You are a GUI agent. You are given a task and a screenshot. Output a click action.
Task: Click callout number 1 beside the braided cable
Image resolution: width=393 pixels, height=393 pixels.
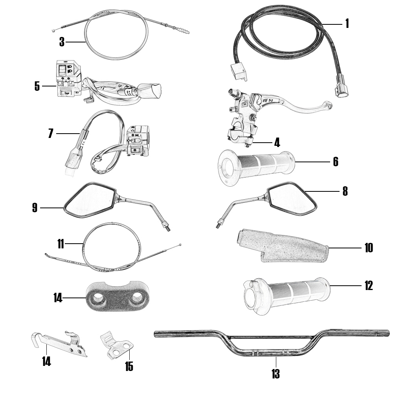(x=347, y=24)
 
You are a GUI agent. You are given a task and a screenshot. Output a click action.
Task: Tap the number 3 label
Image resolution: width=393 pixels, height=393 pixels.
(x=62, y=42)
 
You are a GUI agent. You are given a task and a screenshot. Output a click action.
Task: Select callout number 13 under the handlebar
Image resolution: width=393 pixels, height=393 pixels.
(x=275, y=374)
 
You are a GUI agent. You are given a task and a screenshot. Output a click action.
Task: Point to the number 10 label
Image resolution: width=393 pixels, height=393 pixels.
(x=369, y=248)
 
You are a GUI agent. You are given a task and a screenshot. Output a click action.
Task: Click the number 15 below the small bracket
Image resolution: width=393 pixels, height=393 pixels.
(x=129, y=366)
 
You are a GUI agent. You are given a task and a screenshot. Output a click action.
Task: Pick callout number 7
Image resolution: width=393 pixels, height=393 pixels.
(x=51, y=133)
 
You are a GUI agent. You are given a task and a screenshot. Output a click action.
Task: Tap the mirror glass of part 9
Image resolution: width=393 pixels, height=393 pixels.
(x=90, y=200)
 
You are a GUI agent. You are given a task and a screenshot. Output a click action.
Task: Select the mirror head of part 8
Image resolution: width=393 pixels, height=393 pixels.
(x=292, y=198)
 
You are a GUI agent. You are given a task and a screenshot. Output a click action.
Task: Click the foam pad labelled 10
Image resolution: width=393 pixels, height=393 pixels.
(x=282, y=246)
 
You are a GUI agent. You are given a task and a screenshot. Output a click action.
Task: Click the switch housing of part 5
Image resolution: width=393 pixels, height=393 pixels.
(x=68, y=79)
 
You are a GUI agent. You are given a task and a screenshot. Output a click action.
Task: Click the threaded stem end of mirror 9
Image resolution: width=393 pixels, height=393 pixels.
(x=167, y=226)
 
